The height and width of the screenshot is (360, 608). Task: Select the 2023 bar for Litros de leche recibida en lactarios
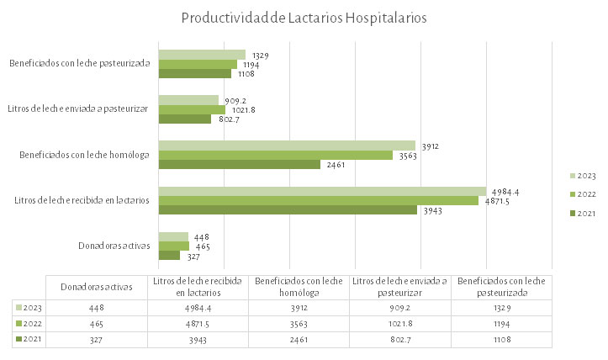pos(322,191)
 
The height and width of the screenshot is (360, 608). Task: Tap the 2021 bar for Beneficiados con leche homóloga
pos(240,164)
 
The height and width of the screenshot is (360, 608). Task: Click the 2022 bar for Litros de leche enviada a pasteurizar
pos(192,109)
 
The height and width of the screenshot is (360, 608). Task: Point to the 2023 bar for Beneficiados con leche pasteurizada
pos(202,55)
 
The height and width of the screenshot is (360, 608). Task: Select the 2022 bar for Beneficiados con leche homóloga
pos(276,155)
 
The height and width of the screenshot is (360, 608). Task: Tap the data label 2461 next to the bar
pos(335,164)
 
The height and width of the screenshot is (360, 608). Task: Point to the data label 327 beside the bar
pos(192,256)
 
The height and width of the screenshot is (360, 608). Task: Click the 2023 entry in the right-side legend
pos(583,176)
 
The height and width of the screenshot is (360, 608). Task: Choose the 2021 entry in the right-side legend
pos(583,213)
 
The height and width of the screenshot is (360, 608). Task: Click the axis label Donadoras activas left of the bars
pos(112,246)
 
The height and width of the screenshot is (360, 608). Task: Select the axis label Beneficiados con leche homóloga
pos(84,154)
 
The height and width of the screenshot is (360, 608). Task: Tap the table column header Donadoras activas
pos(97,287)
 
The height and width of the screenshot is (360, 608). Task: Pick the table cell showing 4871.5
pos(198,324)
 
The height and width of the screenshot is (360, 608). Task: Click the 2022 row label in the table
pos(29,324)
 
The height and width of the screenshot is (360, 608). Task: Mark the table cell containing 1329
pos(500,308)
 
